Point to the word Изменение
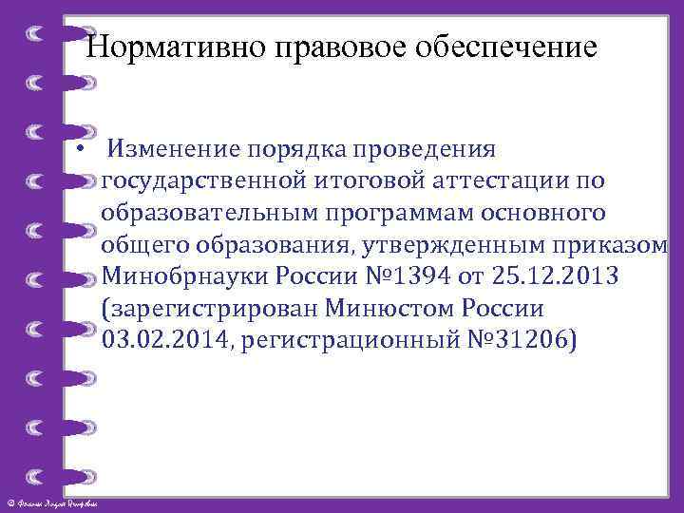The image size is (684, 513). point(174,149)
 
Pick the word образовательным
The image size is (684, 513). point(204,213)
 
